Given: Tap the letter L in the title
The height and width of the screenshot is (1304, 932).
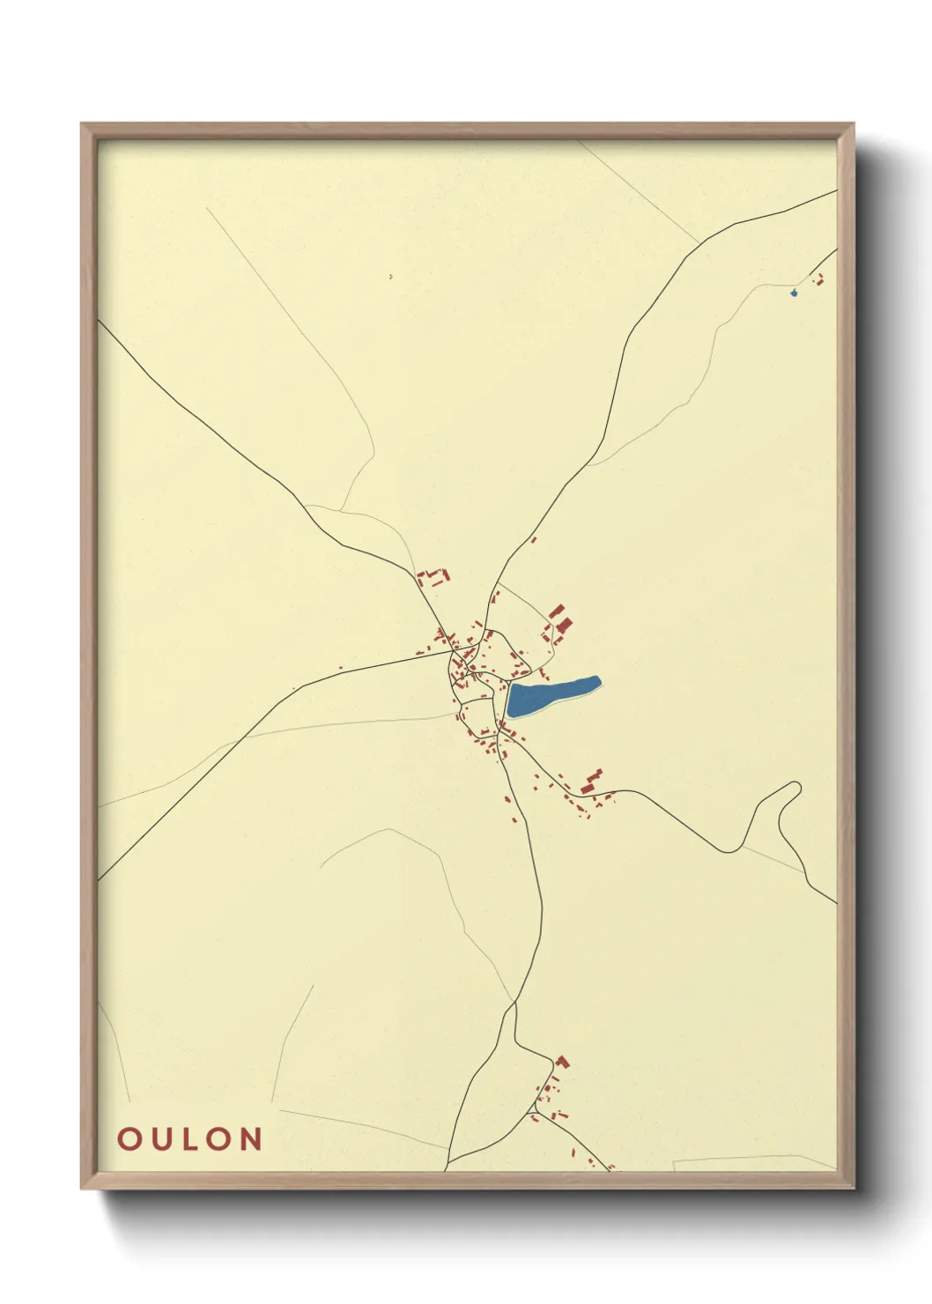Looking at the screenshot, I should [189, 1139].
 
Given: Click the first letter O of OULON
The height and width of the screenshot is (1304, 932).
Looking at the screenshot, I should [128, 1139].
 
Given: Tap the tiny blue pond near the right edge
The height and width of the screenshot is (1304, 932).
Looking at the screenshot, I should [794, 293].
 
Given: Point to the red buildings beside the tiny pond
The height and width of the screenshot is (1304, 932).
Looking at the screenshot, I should [818, 280].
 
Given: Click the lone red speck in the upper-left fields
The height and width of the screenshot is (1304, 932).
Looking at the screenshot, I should [390, 277].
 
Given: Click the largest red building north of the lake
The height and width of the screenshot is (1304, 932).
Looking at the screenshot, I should [564, 626].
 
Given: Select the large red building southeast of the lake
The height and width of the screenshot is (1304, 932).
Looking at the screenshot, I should [588, 787].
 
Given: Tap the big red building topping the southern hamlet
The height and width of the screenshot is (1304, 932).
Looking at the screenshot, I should [561, 1061].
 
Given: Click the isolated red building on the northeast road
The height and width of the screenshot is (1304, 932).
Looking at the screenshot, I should [533, 539].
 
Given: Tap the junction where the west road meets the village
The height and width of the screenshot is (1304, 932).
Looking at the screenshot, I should [450, 653].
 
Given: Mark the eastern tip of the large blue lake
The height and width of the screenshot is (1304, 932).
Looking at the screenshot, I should [598, 679].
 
